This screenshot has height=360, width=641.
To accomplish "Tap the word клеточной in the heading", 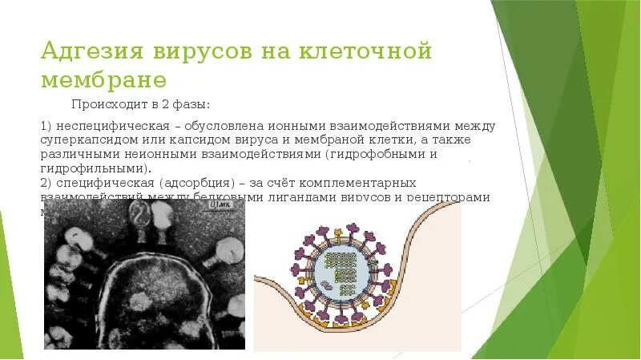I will [366, 52].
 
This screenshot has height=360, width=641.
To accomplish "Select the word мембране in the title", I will [104, 80].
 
